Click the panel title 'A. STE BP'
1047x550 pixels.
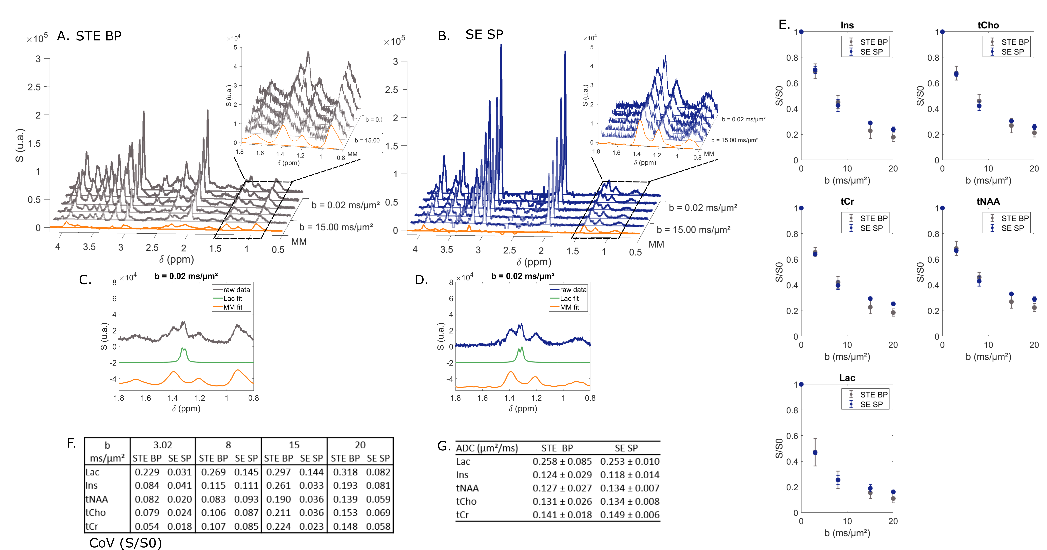click(89, 36)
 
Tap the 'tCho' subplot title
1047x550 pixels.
click(988, 25)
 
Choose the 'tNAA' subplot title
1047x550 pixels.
click(988, 202)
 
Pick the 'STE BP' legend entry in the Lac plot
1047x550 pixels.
click(873, 394)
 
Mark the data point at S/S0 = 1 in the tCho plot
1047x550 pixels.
click(942, 32)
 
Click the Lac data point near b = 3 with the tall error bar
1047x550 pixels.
click(815, 452)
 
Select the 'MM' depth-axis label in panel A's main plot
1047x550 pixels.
click(299, 242)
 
